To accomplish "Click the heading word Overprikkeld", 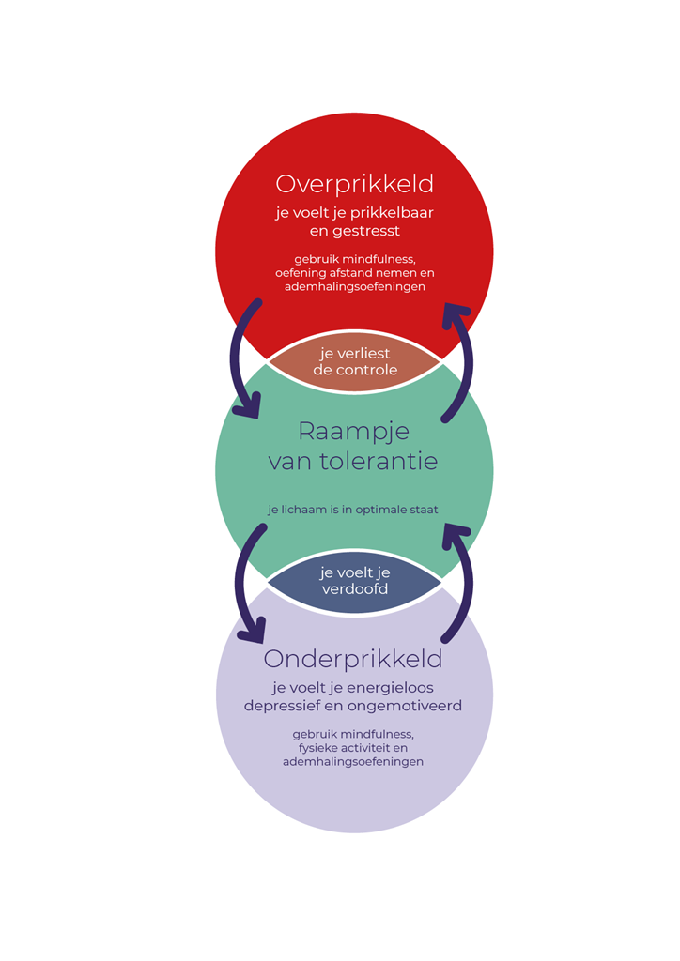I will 354,183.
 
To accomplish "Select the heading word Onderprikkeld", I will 353,659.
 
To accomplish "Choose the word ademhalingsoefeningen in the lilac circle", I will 353,762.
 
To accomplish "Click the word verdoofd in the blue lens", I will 354,589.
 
